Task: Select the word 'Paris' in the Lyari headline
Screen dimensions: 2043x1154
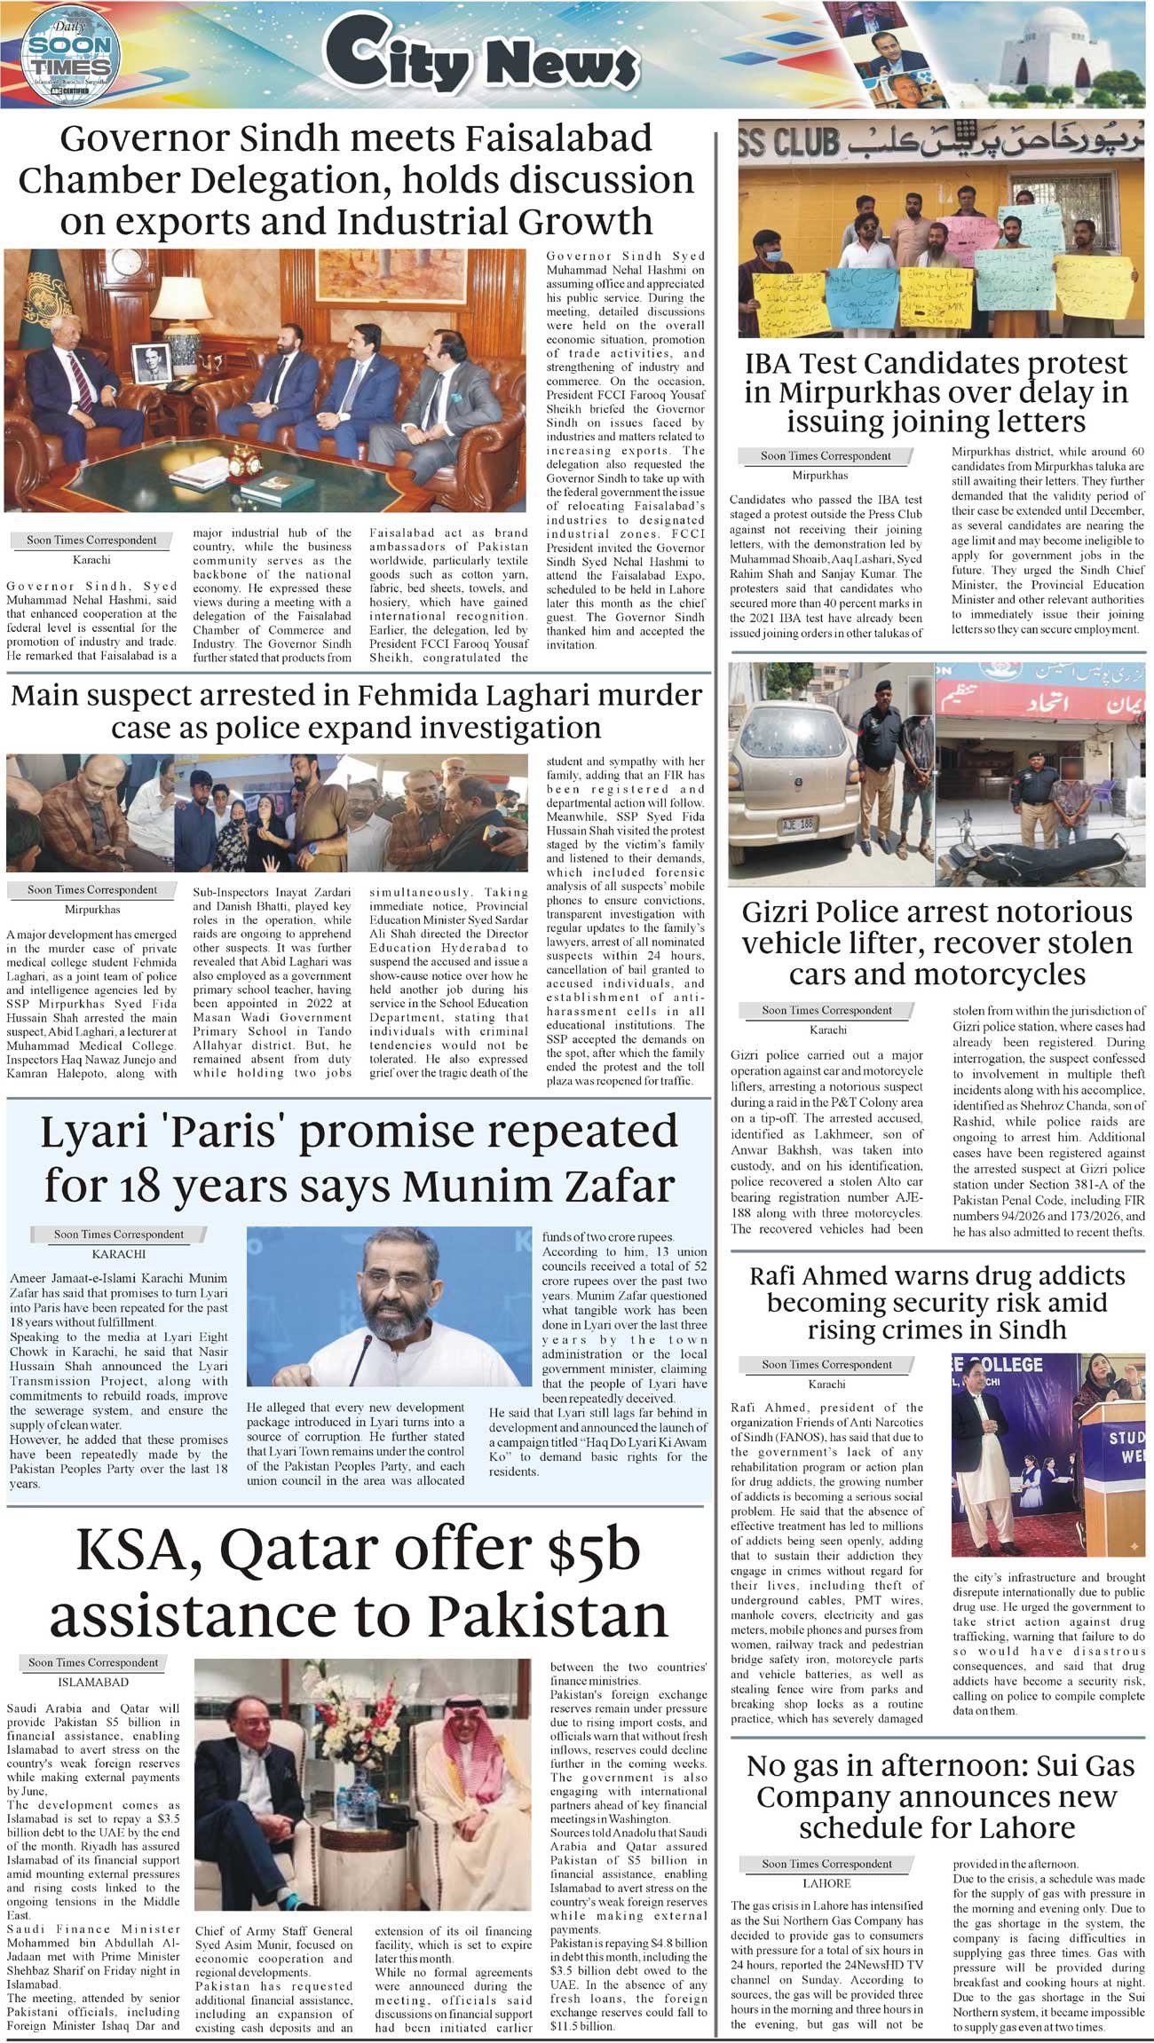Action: tap(276, 1133)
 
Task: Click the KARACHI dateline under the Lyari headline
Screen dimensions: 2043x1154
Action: tap(118, 1254)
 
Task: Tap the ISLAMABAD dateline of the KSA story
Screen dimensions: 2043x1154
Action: tap(93, 1682)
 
